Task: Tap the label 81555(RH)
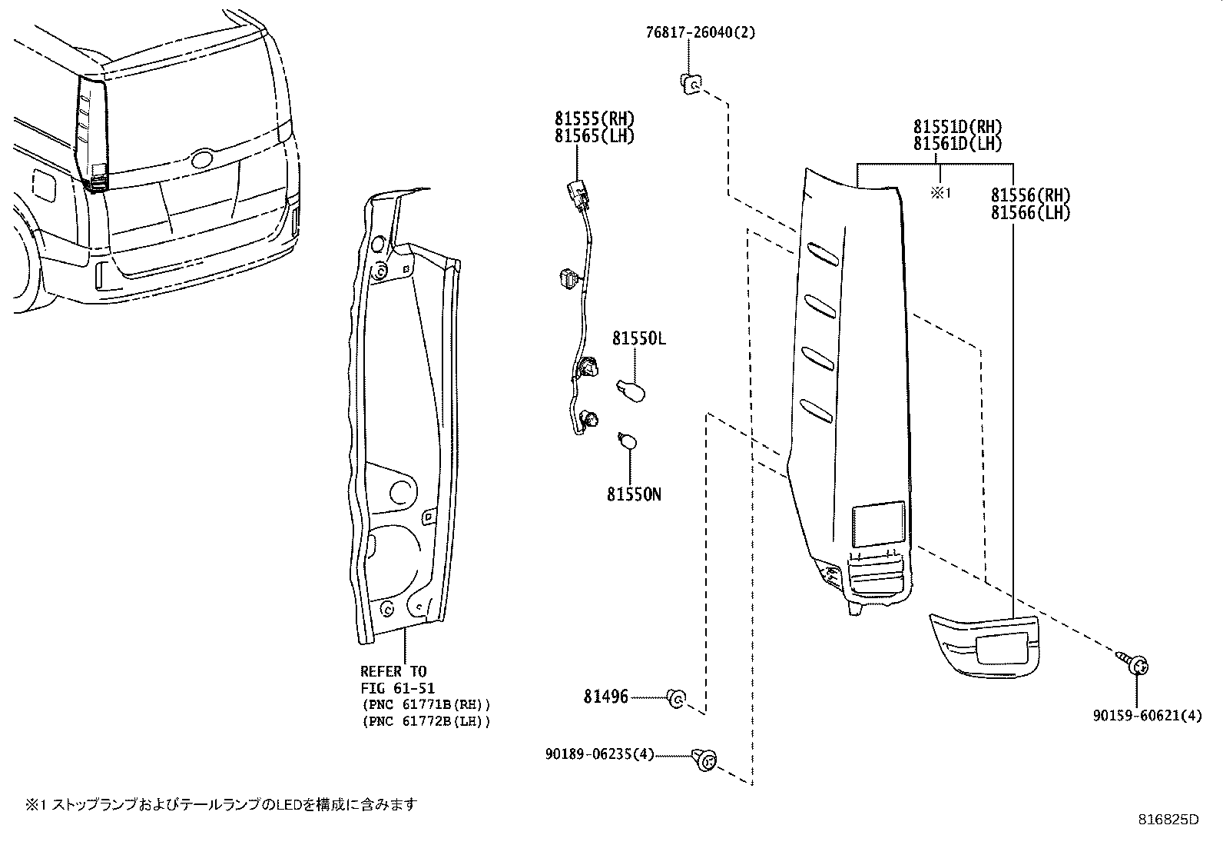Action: tap(595, 119)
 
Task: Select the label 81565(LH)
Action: tap(595, 136)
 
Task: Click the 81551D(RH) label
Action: tap(957, 128)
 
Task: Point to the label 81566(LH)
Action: tap(1029, 213)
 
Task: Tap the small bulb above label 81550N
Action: tap(626, 441)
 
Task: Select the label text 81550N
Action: tap(634, 494)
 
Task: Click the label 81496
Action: tap(605, 697)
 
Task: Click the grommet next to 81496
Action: tap(676, 698)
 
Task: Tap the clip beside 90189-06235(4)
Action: tap(703, 760)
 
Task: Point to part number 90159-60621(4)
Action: tap(1148, 715)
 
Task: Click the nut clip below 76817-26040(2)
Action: tap(690, 84)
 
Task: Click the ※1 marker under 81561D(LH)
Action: tap(941, 193)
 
